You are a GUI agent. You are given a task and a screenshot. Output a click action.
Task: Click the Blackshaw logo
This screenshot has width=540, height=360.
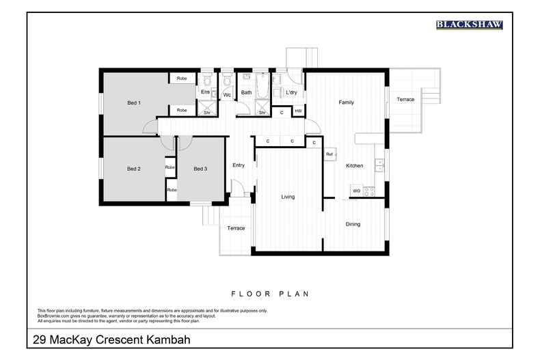(x=469, y=25)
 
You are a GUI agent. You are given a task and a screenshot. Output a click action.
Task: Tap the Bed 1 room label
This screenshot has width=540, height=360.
(x=134, y=103)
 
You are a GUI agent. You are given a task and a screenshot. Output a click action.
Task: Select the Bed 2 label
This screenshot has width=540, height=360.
(x=134, y=169)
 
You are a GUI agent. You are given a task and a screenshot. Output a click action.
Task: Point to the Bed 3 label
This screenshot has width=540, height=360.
(x=200, y=169)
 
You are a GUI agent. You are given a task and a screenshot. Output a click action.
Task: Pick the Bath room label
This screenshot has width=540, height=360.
(x=247, y=92)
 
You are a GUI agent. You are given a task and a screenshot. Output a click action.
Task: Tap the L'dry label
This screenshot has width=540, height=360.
(x=291, y=92)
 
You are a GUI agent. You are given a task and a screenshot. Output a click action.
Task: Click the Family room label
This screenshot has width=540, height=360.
(x=347, y=102)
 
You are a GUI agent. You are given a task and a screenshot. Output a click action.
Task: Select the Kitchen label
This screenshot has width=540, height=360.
(x=354, y=166)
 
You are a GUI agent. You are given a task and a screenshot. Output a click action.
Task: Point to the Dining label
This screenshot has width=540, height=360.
(x=353, y=224)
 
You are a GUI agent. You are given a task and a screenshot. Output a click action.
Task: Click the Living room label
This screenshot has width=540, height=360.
(x=288, y=197)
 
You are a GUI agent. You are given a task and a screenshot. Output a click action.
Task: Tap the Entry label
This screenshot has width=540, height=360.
(x=239, y=165)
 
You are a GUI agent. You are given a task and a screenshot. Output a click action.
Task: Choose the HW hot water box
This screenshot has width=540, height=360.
(x=298, y=111)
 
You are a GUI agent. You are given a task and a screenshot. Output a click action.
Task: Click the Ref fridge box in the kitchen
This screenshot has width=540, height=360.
(x=329, y=155)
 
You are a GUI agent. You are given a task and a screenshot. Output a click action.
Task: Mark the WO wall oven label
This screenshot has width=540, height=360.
(x=356, y=191)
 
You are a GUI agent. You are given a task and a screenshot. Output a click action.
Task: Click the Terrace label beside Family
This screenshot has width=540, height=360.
(x=405, y=100)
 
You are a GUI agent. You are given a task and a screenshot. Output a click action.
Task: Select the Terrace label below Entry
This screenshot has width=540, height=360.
(x=236, y=228)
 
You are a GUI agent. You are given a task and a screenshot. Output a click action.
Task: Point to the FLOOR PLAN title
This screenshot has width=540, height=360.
(x=270, y=294)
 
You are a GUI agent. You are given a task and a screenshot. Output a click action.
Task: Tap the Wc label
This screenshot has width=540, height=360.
(x=227, y=95)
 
